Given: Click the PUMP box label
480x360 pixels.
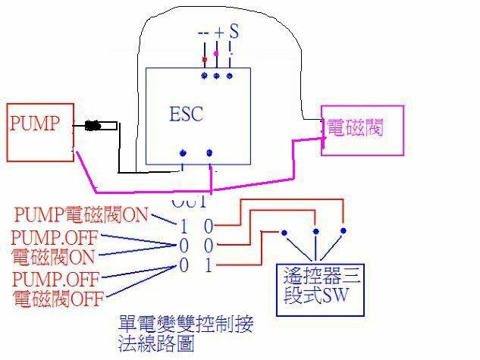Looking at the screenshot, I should (x=34, y=124).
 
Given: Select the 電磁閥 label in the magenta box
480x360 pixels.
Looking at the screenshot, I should (x=353, y=127).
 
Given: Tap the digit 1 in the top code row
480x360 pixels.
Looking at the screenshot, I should (x=184, y=225).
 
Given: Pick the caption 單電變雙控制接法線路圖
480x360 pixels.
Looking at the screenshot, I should (x=185, y=333).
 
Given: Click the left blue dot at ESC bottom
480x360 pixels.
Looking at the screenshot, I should (x=183, y=153).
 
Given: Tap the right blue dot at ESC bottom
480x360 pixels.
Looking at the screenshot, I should (x=209, y=153).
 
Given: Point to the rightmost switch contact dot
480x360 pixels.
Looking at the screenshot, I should (x=343, y=230).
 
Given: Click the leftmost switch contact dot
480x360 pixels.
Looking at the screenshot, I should (x=284, y=232).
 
